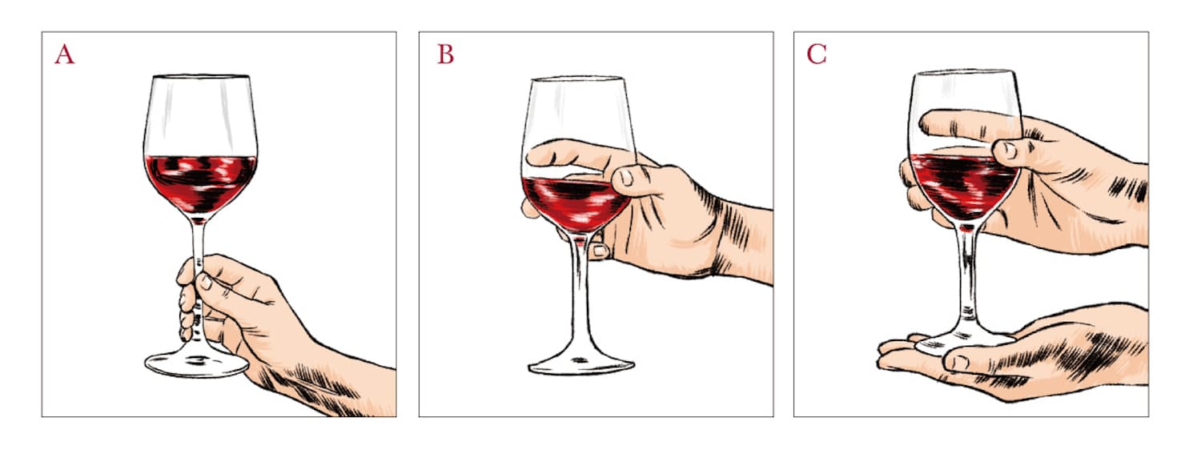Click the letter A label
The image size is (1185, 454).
tap(65, 54)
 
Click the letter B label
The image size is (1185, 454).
tap(445, 54)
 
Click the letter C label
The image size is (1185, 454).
tap(816, 54)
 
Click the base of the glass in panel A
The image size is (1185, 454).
tap(196, 364)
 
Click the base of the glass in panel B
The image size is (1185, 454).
tap(580, 365)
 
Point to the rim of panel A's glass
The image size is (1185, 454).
tap(201, 77)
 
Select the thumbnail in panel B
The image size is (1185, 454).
tap(626, 177)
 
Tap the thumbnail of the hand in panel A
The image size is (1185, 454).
tap(204, 282)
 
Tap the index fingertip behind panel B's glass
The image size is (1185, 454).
tap(536, 155)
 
